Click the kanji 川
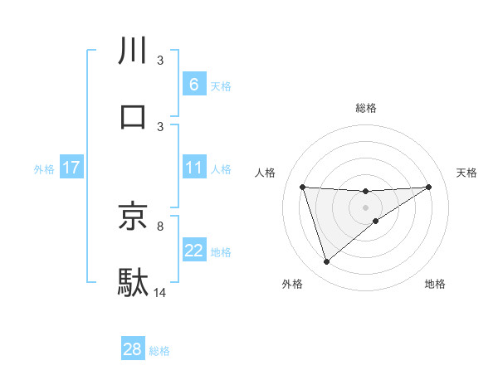pos(134,51)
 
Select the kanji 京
pos(134,216)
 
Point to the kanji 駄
pos(134,282)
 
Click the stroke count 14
pos(160,292)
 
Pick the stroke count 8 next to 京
pos(160,225)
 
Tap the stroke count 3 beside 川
pos(160,61)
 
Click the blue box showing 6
pos(193,85)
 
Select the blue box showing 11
pos(193,168)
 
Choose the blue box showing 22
pos(193,251)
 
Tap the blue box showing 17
pos(71,168)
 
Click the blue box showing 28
pos(133,349)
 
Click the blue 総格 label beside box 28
pos(159,351)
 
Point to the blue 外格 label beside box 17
pos(44,169)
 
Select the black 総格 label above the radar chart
pos(365,108)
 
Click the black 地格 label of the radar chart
pos(435,284)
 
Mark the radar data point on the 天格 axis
pos(429,187)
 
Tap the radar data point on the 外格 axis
pos(326,262)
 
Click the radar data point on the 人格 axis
pos(302,187)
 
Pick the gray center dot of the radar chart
pos(365,207)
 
